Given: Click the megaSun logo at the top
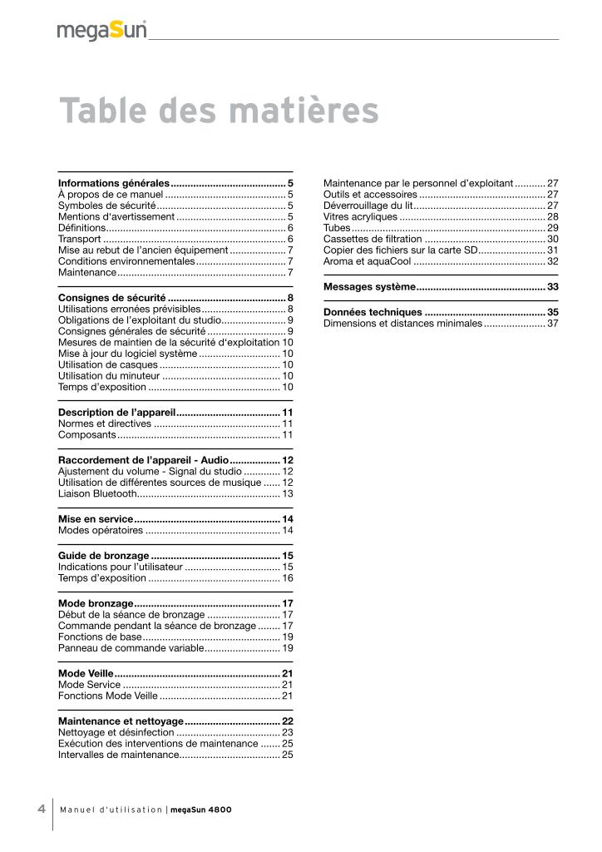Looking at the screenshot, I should (101, 32).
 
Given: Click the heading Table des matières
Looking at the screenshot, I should (219, 111).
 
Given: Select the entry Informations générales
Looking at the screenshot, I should (113, 182).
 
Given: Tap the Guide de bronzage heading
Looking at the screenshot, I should (104, 555).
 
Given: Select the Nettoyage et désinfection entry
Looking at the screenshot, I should (116, 732).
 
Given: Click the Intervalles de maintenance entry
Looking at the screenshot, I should (119, 755).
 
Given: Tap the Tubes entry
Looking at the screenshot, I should (337, 227).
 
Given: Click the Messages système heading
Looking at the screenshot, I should (369, 286).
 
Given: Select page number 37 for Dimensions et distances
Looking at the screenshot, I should (552, 323).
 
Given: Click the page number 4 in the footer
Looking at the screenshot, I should (41, 809).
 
